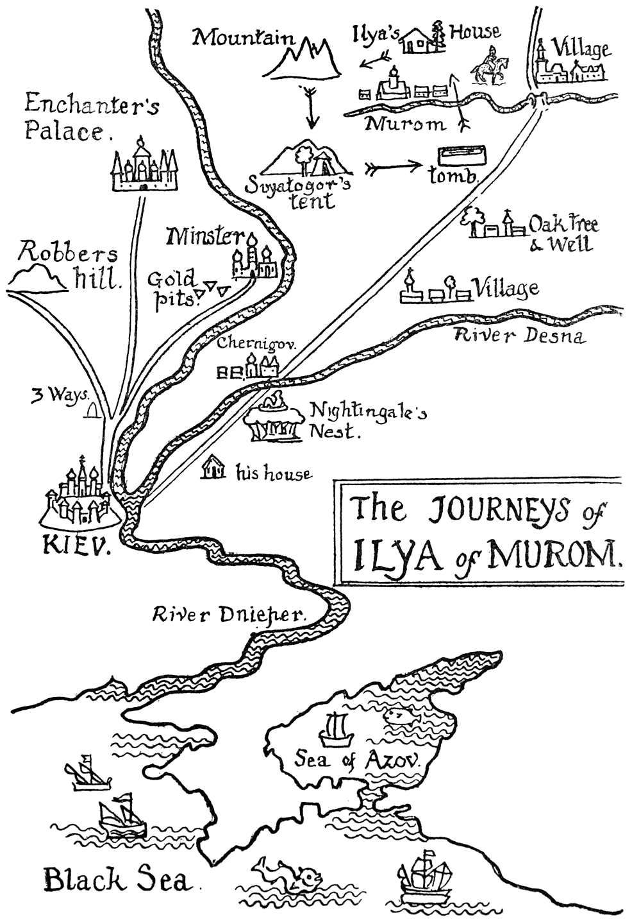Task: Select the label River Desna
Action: [519, 335]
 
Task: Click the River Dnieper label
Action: [229, 615]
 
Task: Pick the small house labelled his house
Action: [213, 468]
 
